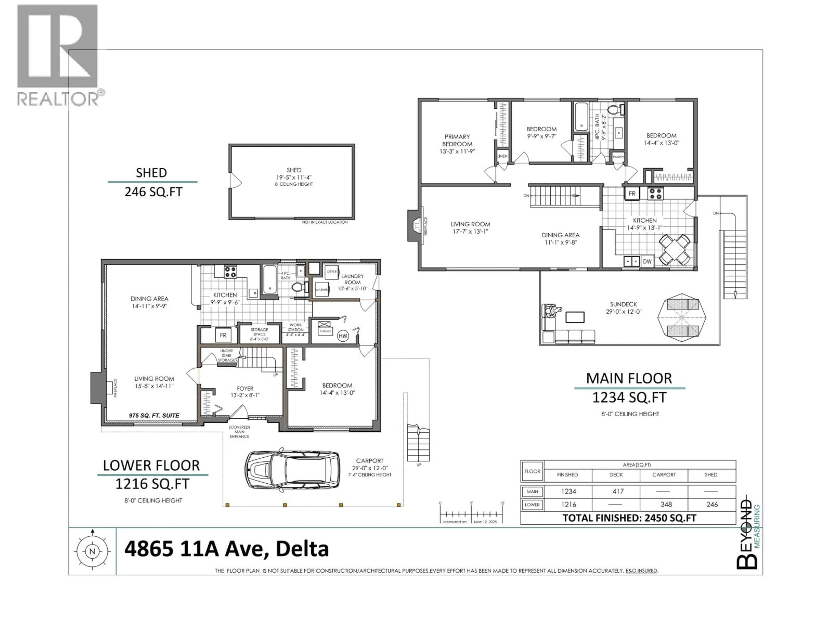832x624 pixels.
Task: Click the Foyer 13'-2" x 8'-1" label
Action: pos(245,392)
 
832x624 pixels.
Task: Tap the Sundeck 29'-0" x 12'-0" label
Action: pos(623,308)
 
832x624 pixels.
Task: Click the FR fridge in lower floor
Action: pos(223,335)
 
